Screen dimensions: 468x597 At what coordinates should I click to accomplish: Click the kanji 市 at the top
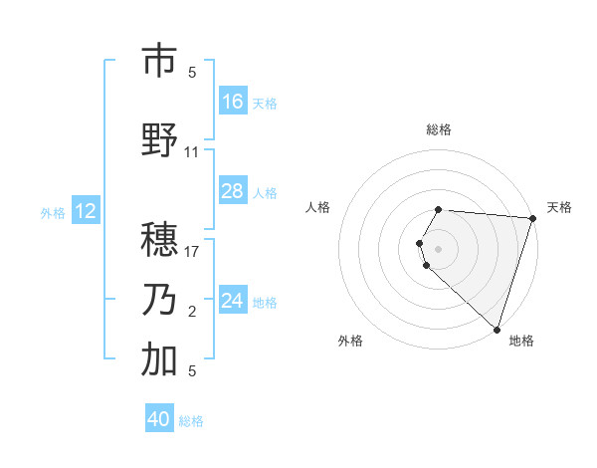point(159,62)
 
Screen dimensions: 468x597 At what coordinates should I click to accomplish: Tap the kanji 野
point(159,140)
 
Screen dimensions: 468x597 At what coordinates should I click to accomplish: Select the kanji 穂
point(159,241)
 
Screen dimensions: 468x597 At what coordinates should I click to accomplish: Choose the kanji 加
point(159,359)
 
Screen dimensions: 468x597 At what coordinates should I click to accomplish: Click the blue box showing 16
point(233,102)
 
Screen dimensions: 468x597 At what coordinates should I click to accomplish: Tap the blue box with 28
point(233,191)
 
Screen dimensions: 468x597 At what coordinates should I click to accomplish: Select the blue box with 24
point(233,301)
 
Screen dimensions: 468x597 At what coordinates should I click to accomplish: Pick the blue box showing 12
point(86,211)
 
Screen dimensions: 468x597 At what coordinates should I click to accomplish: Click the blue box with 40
point(159,419)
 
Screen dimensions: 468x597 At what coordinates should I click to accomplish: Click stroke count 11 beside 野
point(192,152)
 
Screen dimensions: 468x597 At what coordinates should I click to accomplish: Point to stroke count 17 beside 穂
point(192,252)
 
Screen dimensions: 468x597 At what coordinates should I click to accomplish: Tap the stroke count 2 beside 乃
point(192,313)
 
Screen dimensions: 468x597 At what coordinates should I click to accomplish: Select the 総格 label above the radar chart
point(439,129)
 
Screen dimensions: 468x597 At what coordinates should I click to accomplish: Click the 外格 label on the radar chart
point(350,341)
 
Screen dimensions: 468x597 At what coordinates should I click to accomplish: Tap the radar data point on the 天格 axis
point(532,218)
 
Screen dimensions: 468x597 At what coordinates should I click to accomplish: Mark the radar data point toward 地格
point(497,329)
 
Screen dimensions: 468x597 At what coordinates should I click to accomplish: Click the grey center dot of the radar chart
point(439,247)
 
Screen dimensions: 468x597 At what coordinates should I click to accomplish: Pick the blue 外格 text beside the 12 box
point(53,212)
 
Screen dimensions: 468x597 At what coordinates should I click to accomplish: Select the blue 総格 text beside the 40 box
point(192,421)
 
